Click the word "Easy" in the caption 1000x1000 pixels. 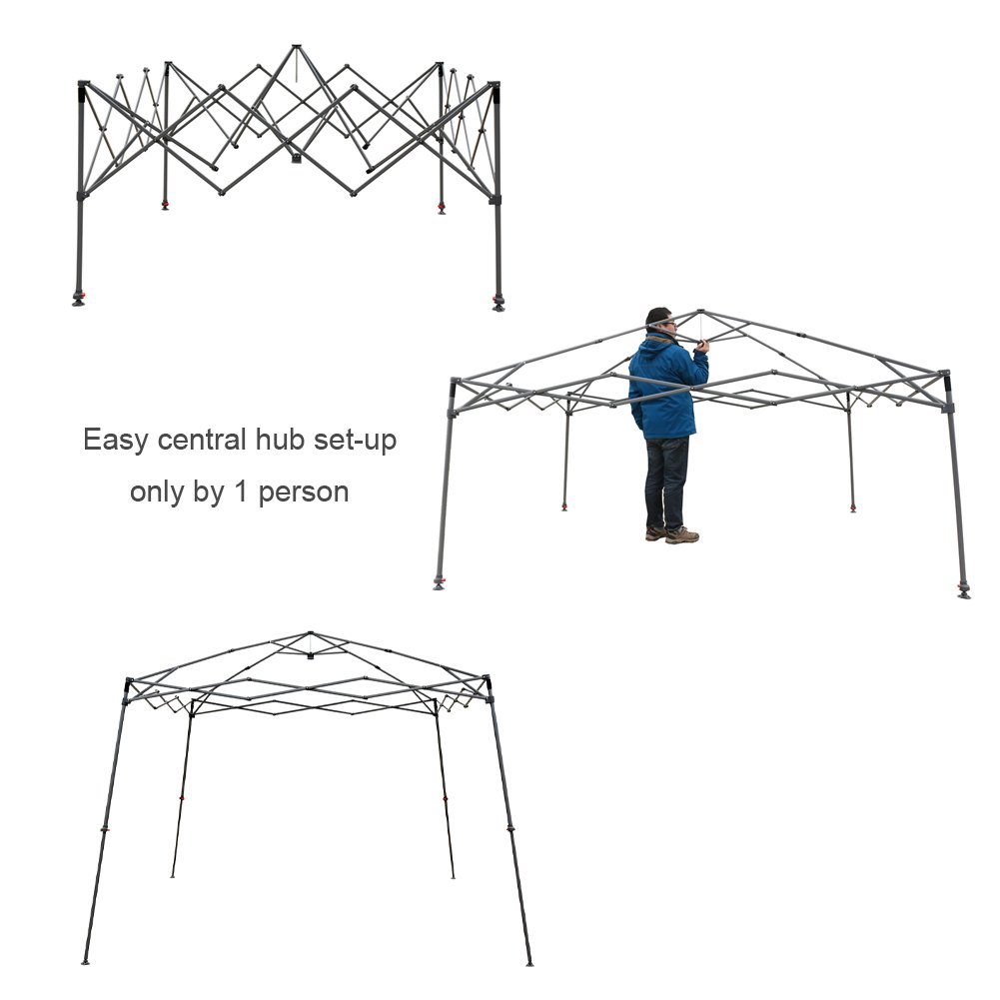115,441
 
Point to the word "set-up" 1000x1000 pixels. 356,441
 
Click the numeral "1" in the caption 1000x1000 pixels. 241,492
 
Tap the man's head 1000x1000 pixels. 660,322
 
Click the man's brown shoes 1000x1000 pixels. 673,534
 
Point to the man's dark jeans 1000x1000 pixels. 666,482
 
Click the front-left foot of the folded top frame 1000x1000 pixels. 79,299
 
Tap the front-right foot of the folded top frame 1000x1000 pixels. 499,304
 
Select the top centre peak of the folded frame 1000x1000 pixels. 296,47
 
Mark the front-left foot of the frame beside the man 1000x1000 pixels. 439,583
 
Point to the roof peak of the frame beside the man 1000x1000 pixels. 701,312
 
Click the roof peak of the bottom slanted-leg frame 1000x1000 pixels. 310,634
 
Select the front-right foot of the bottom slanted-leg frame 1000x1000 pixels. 529,963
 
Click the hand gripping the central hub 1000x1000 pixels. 702,346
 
